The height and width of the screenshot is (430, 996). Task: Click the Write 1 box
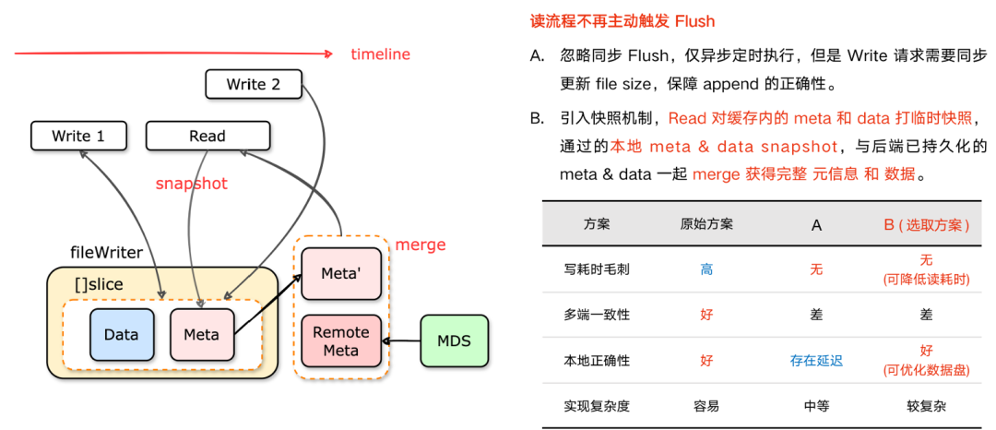(x=78, y=136)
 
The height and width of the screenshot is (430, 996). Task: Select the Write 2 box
(x=254, y=84)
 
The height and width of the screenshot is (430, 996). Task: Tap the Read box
(x=207, y=136)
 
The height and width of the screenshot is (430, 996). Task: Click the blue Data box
(x=121, y=334)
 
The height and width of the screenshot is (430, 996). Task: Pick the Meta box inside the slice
(x=201, y=334)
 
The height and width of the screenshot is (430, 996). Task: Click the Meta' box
(x=341, y=274)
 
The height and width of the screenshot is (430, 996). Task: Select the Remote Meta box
(x=341, y=340)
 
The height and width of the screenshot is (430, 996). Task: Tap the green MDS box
(x=454, y=340)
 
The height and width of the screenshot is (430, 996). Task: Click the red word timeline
(x=380, y=54)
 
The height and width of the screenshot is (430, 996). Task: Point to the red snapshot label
(x=191, y=184)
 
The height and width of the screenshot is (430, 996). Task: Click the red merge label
(x=420, y=245)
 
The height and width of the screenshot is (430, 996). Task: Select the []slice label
(x=98, y=284)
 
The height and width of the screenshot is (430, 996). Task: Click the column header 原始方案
(x=706, y=224)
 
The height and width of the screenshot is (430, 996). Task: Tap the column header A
(x=816, y=224)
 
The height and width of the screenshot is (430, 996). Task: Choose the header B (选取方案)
(x=926, y=224)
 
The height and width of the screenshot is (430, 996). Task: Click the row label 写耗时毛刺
(x=597, y=269)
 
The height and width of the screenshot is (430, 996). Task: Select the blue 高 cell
(x=706, y=269)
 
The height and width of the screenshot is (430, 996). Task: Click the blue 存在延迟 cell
(x=816, y=360)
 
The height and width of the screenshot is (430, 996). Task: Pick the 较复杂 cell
(x=926, y=405)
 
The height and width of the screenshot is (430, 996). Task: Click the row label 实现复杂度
(x=597, y=405)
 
